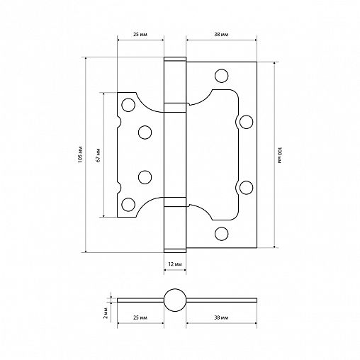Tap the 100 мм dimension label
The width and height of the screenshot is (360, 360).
(280, 155)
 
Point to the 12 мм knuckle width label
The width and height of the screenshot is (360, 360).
(174, 263)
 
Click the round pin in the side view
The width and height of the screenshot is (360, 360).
(174, 299)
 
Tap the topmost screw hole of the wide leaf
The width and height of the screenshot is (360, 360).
(222, 75)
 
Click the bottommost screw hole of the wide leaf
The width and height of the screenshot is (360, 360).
(222, 233)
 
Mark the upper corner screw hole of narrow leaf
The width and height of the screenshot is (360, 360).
(128, 105)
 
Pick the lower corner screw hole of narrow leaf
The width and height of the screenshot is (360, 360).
(128, 205)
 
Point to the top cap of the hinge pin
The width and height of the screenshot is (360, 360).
(174, 60)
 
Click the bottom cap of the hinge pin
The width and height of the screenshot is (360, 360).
(174, 248)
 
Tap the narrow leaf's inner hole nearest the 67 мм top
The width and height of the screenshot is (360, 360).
(145, 132)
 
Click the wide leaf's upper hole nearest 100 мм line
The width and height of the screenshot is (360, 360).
(246, 122)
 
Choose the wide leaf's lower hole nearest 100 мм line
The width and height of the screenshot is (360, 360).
(246, 186)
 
